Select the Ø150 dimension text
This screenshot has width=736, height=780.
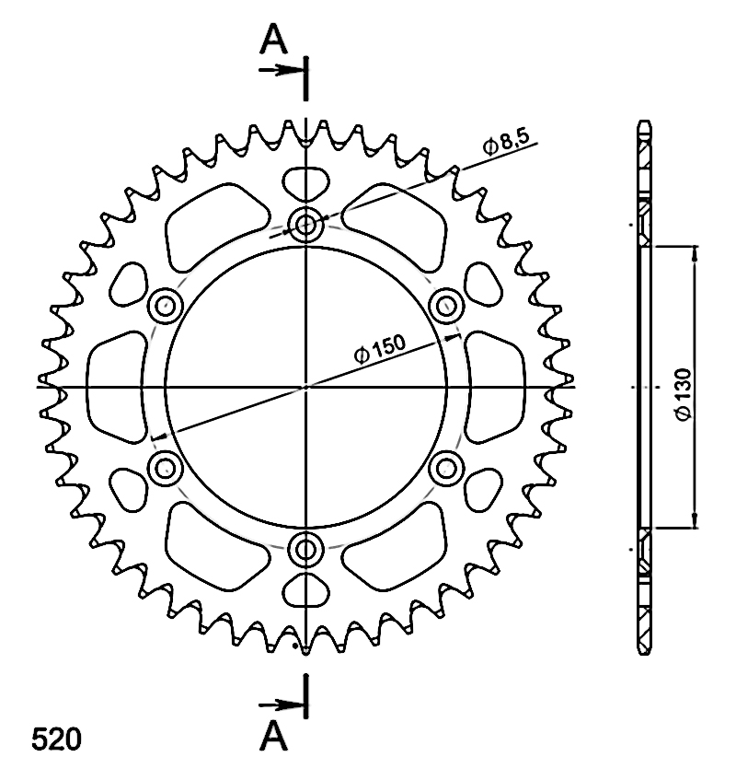380,349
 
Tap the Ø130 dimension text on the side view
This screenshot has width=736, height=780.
684,394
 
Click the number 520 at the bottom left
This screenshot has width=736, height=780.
56,739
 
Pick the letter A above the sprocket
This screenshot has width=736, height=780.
273,40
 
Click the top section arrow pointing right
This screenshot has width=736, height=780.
281,70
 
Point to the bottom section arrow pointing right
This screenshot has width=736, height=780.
281,704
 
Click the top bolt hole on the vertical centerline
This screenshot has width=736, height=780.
305,226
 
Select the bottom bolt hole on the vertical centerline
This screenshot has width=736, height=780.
305,550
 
